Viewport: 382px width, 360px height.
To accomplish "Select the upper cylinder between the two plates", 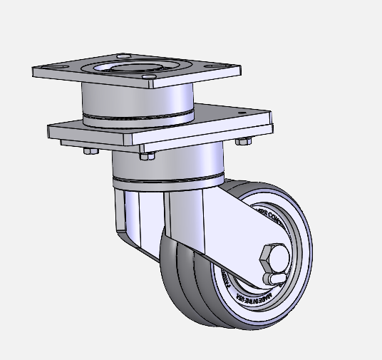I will pos(135,100).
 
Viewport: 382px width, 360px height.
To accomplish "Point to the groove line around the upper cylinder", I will pos(135,116).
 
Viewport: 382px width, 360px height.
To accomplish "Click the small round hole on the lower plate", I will pos(244,113).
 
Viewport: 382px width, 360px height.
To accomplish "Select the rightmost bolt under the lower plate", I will pos(242,141).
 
